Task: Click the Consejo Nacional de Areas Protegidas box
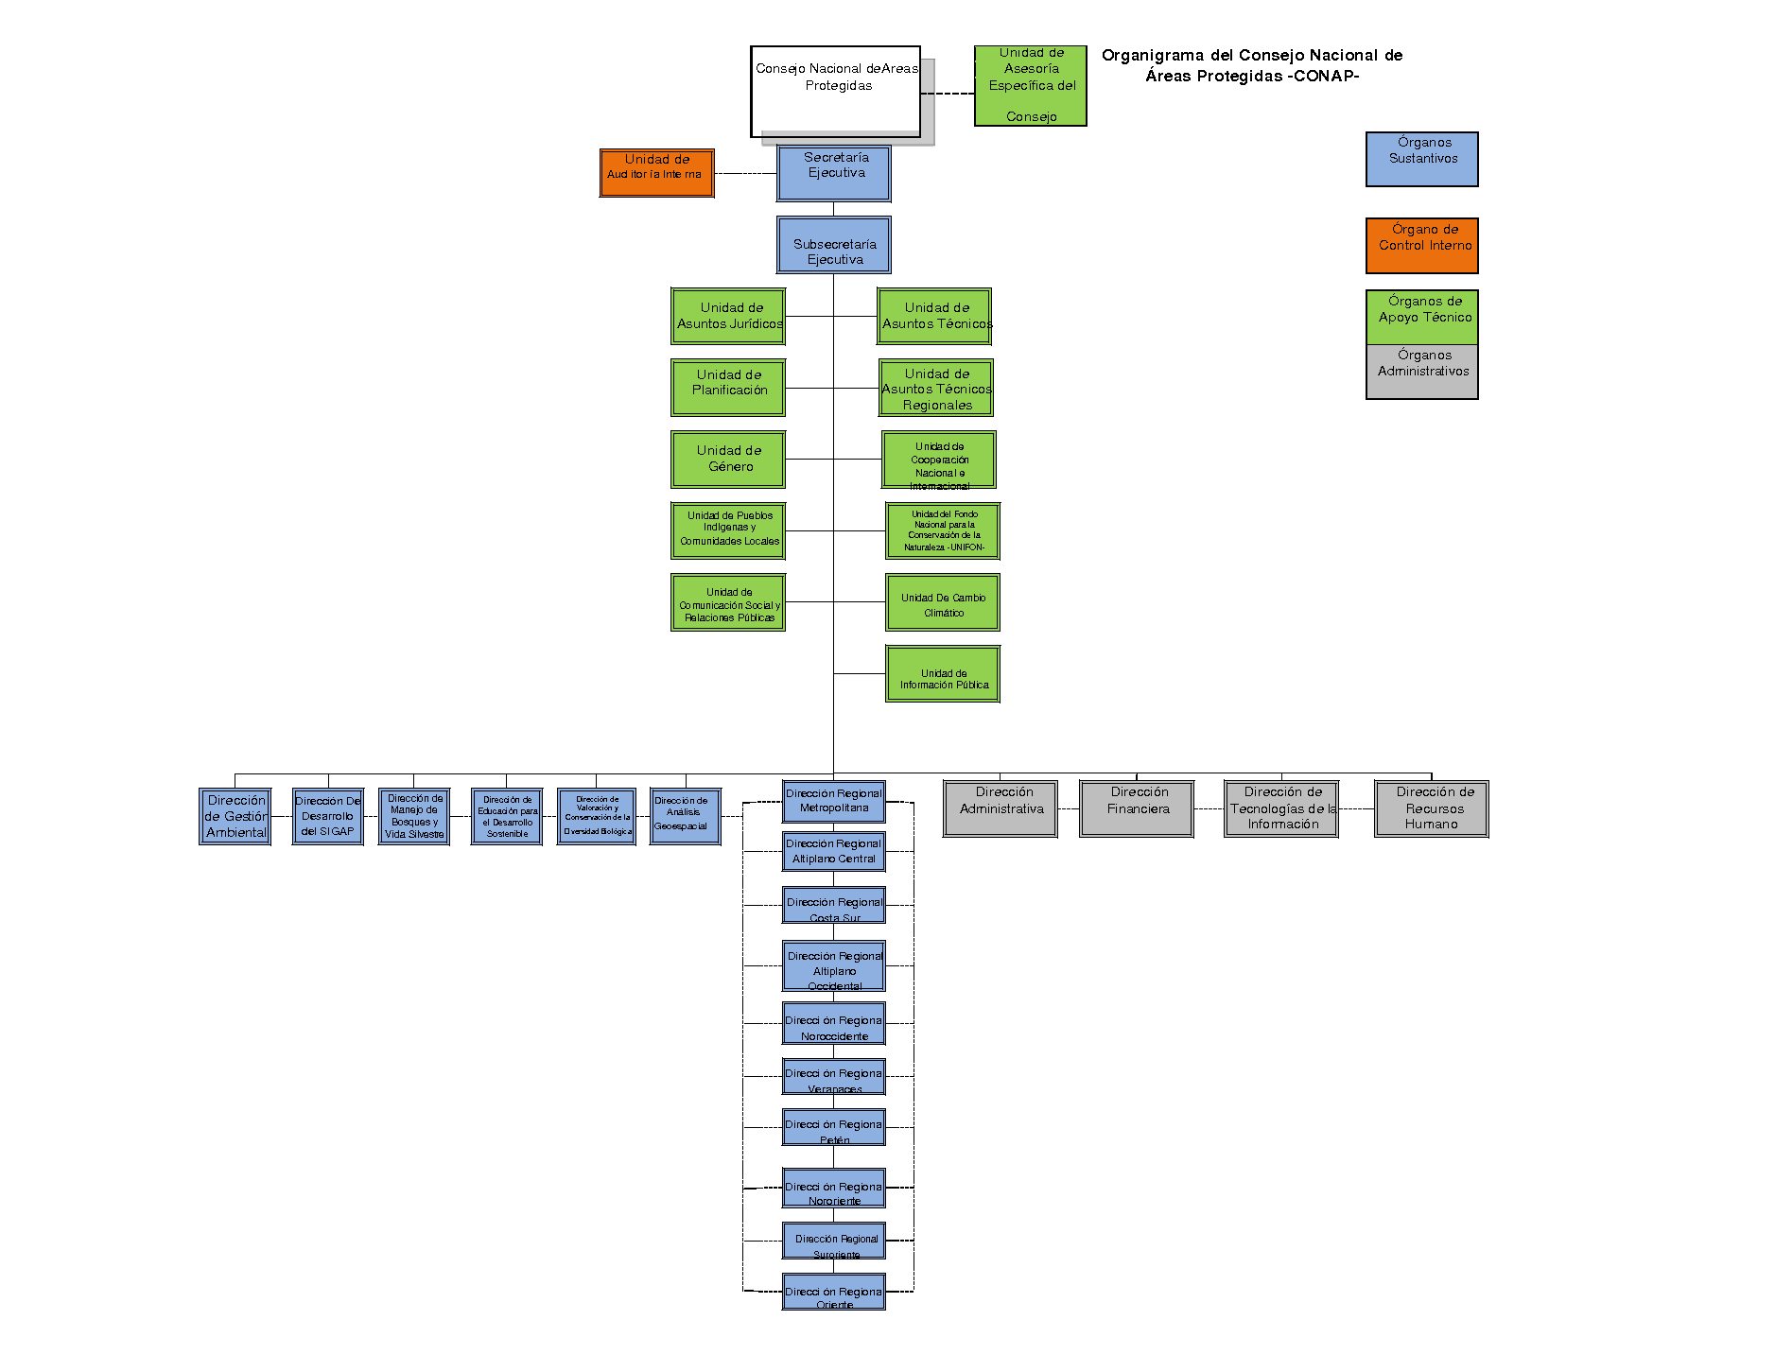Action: [835, 92]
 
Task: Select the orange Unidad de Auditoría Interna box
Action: [656, 173]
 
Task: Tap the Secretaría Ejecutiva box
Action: [833, 173]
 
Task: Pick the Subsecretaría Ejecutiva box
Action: [833, 245]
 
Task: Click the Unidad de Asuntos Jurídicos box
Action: [728, 316]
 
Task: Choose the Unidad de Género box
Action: [728, 459]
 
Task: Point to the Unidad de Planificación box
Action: [728, 388]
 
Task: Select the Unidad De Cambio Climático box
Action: [942, 602]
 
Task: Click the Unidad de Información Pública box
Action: [942, 674]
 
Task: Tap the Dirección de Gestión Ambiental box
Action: [235, 816]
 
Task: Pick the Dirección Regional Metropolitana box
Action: [833, 801]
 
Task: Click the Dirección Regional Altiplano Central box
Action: [833, 851]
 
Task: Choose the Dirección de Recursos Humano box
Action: [1431, 808]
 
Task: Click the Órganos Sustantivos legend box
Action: [1421, 159]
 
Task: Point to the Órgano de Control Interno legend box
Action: [1421, 246]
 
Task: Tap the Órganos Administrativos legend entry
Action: [1421, 372]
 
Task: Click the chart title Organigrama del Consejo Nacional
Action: [1252, 65]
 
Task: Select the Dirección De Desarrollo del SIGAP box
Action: [327, 816]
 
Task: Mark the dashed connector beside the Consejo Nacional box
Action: [948, 94]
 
